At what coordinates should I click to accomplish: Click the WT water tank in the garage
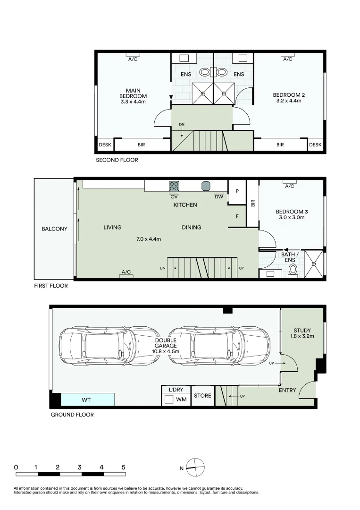point(87,400)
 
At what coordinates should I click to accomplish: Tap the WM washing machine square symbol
point(169,399)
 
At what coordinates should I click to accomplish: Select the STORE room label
point(202,396)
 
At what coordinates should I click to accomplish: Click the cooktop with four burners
point(174,186)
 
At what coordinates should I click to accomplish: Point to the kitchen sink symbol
point(206,186)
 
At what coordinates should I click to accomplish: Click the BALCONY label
point(55,229)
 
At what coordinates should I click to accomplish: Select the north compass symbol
point(195,467)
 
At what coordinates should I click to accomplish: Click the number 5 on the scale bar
point(124,467)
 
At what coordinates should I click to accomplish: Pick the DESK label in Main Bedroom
point(105,145)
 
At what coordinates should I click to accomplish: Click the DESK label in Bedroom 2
point(315,145)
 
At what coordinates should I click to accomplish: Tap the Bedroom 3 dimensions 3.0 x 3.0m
point(292,217)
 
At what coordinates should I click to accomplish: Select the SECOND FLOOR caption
point(117,160)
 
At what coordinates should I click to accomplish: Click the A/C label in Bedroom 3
point(290,187)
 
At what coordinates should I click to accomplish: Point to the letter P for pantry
point(237,191)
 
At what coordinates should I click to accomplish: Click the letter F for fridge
point(237,216)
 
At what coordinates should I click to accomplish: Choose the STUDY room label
point(302,330)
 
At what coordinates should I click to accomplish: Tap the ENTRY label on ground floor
point(287,390)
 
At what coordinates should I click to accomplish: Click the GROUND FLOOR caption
point(72,415)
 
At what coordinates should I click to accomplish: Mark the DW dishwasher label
point(219,197)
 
